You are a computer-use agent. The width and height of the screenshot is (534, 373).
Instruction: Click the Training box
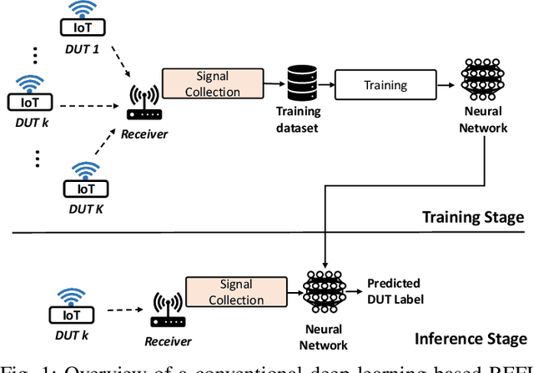(x=385, y=85)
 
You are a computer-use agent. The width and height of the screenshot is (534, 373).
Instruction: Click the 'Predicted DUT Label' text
(x=394, y=290)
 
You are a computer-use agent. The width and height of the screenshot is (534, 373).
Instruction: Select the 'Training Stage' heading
(x=472, y=216)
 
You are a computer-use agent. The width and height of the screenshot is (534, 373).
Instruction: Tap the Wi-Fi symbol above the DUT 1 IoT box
(x=82, y=9)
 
